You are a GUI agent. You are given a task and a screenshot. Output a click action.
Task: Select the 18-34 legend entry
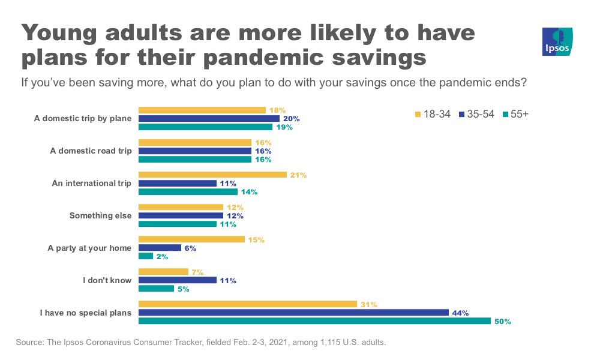coord(431,114)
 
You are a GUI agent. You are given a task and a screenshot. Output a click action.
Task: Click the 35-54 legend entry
coord(476,114)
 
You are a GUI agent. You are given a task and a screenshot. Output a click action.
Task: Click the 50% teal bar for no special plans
coord(314,321)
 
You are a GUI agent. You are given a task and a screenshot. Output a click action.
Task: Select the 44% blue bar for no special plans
coord(293,313)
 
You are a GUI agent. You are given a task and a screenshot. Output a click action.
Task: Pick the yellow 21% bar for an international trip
coord(212,175)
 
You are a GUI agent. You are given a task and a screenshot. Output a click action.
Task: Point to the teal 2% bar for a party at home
coord(146,256)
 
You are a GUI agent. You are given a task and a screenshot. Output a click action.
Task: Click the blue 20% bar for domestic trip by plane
coord(209,118)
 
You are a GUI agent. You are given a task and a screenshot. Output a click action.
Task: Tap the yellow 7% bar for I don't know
coord(163,272)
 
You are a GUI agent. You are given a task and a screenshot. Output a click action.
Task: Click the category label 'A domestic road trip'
coord(91,151)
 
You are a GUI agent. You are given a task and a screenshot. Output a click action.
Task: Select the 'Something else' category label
coord(100,215)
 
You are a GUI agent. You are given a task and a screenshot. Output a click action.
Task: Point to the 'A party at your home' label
coord(89,248)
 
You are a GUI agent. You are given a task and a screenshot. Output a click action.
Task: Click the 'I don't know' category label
coord(107,280)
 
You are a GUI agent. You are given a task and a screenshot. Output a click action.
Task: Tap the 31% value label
coord(368,304)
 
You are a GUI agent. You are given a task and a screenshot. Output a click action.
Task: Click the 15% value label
coord(256,240)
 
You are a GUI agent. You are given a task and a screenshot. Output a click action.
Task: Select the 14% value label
coord(248,191)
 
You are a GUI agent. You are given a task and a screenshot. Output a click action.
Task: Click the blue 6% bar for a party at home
coord(160,248)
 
